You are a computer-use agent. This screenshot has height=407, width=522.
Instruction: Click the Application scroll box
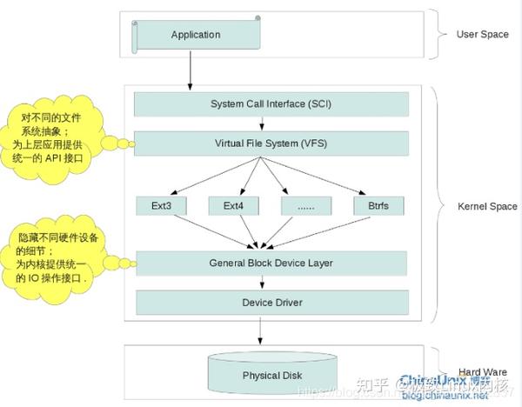pos(196,35)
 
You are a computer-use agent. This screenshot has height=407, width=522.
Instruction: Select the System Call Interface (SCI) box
pos(271,104)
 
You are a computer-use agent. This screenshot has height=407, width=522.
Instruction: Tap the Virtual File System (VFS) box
pos(271,143)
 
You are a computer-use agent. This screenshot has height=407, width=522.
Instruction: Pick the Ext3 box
pos(162,206)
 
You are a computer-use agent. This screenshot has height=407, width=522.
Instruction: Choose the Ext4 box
pos(234,206)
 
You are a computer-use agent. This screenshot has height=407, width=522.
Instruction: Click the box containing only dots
pos(306,206)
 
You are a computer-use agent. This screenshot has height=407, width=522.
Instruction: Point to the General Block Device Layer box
pos(271,263)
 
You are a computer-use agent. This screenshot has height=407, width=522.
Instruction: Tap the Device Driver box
pos(271,303)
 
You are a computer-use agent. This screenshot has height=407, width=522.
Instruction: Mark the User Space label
pos(481,35)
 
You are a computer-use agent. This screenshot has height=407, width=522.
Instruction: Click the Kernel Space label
pos(487,206)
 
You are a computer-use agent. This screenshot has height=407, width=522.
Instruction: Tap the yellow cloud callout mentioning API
pos(53,140)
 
